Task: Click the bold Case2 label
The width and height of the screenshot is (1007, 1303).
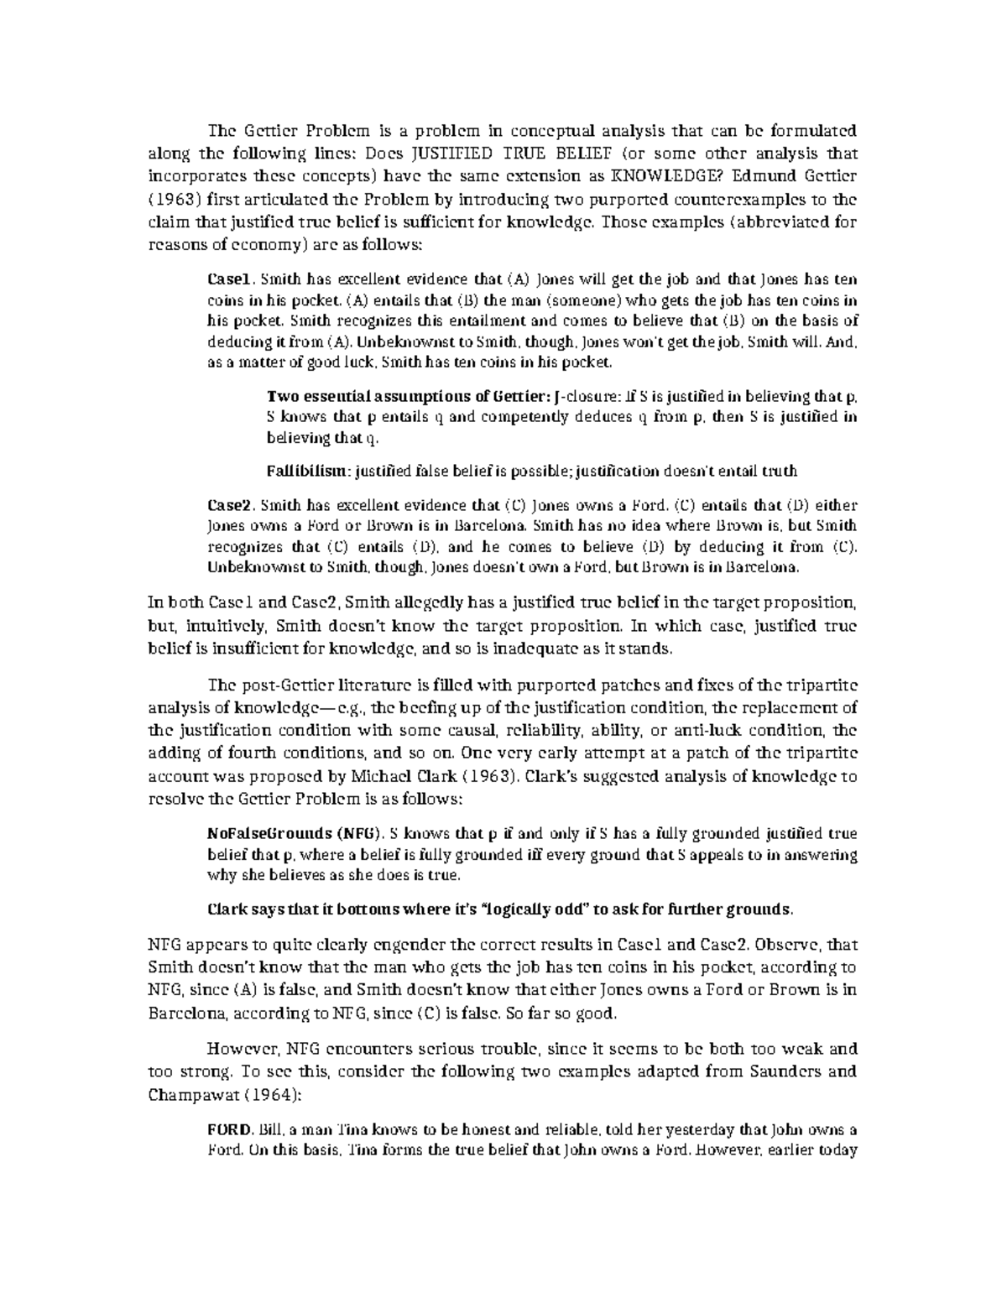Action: coord(228,506)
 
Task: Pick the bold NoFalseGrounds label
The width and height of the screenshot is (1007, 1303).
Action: coord(269,834)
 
